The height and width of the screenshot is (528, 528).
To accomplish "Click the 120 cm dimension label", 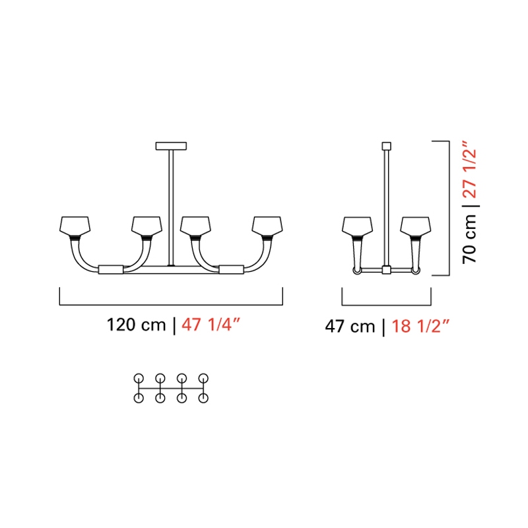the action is [136, 325].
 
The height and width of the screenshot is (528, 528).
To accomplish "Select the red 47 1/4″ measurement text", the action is [211, 324].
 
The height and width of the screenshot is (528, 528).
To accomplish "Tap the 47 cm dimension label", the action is [350, 326].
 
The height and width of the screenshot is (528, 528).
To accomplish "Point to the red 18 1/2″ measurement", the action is [420, 325].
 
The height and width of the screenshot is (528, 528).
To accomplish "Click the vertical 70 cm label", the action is [469, 239].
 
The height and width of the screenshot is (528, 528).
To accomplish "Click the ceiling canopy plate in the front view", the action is [171, 146].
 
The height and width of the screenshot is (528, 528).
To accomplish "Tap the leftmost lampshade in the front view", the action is [75, 226].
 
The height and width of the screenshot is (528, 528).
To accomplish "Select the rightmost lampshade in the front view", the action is [267, 226].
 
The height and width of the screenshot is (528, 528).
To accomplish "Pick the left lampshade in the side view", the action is [357, 226].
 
